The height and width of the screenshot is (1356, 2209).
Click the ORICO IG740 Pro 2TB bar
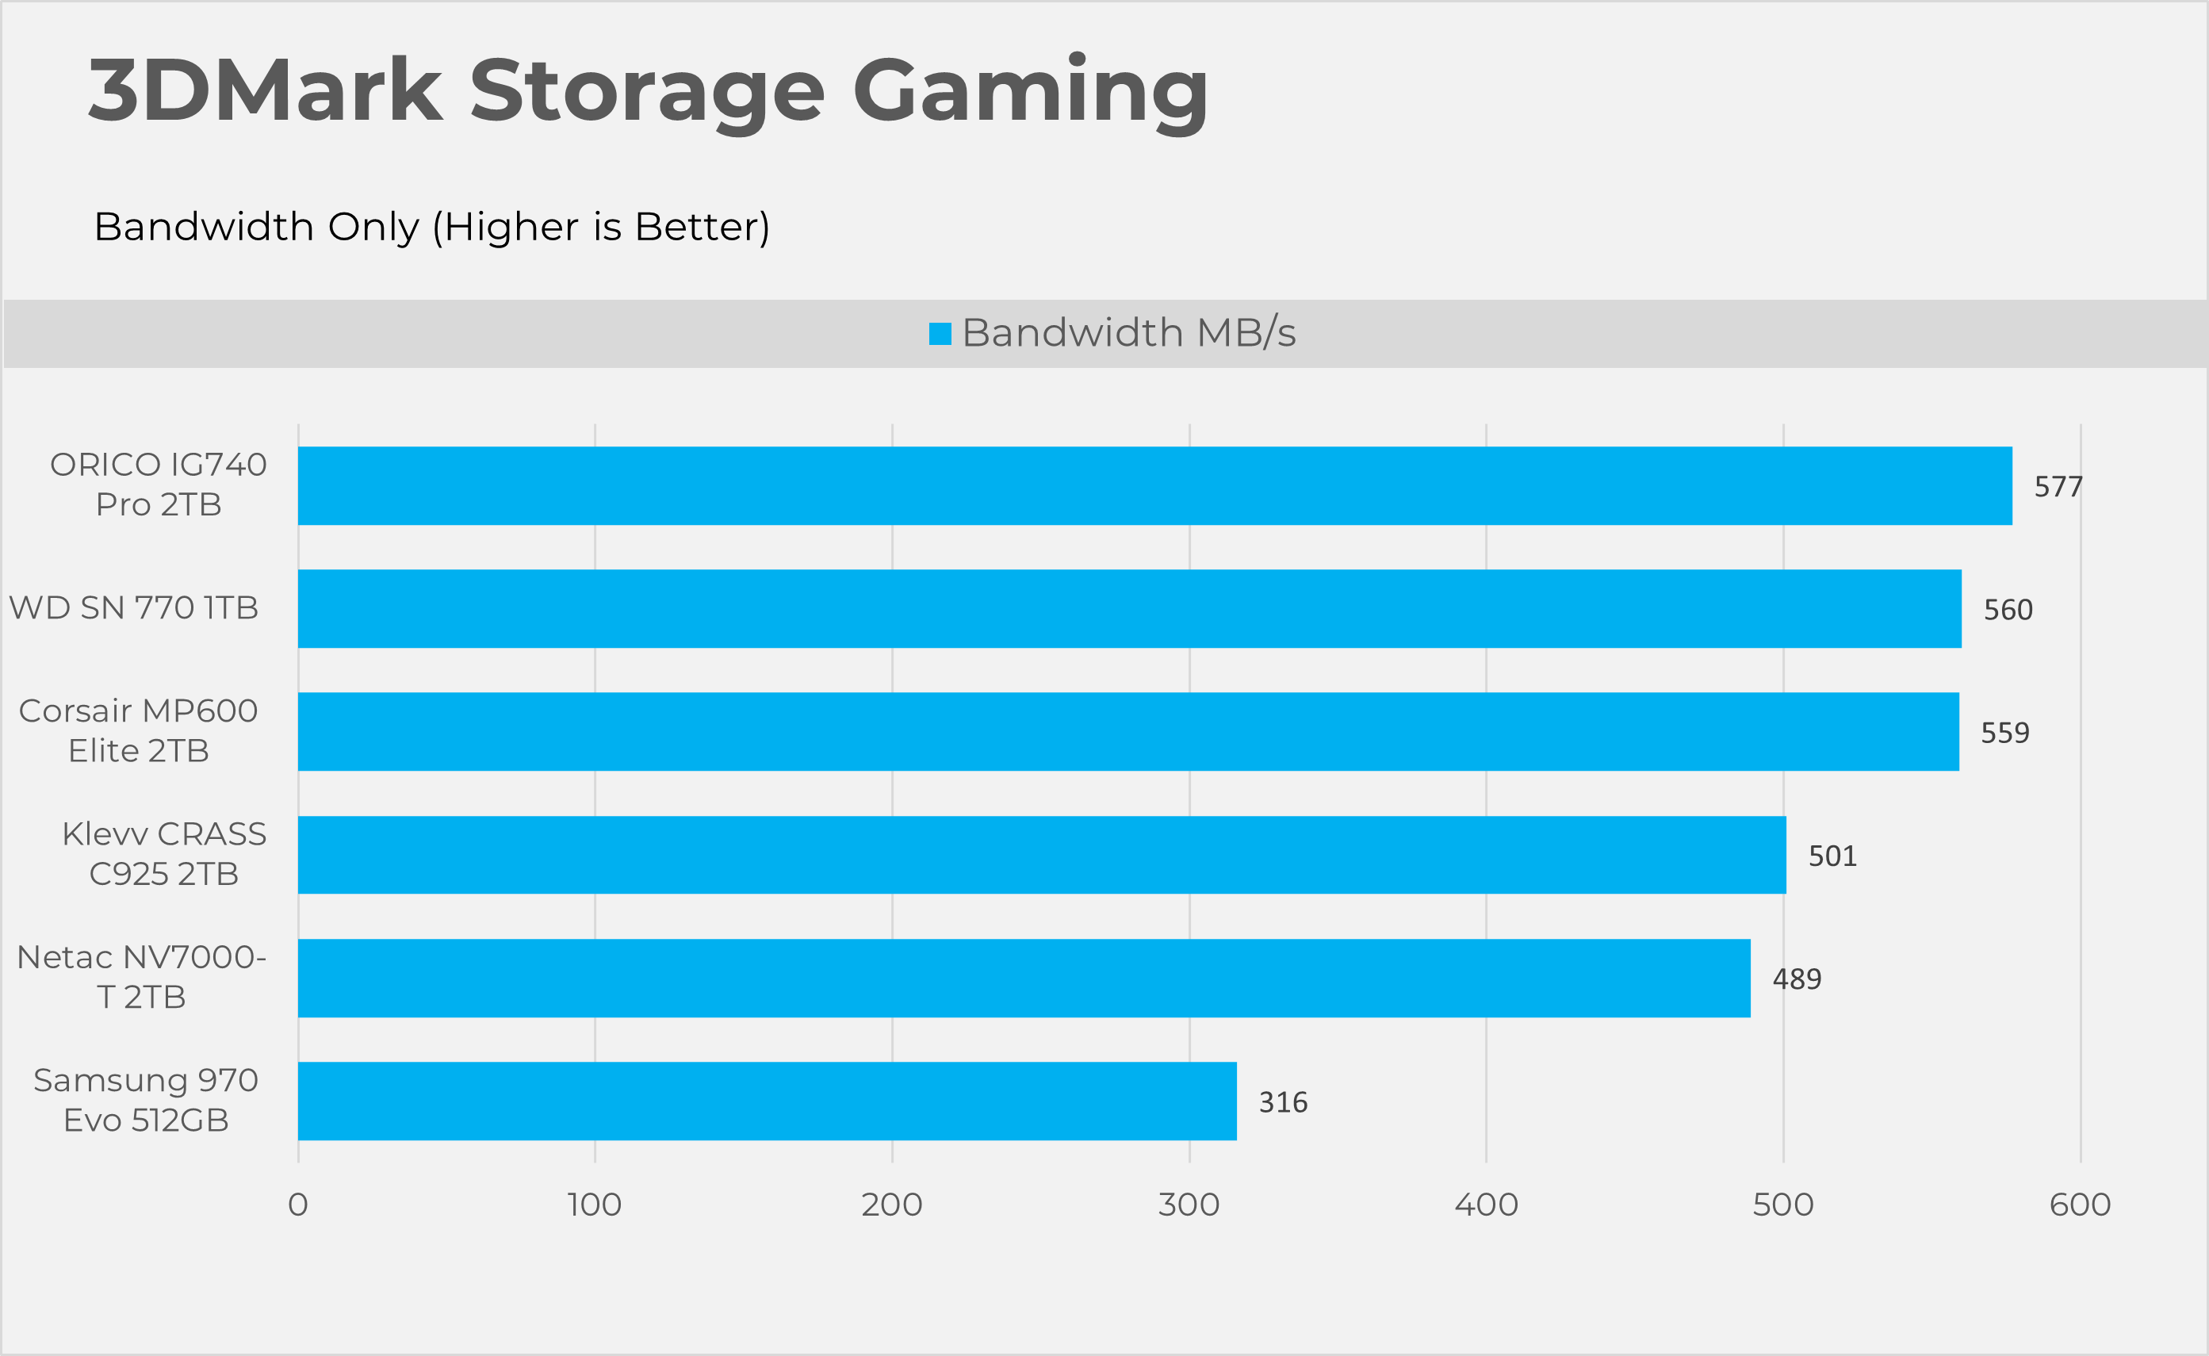pyautogui.click(x=1154, y=485)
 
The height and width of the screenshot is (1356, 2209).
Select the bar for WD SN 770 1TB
pyautogui.click(x=1130, y=608)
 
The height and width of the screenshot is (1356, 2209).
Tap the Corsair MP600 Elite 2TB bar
pyautogui.click(x=1127, y=731)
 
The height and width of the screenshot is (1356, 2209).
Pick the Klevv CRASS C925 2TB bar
pyautogui.click(x=1042, y=855)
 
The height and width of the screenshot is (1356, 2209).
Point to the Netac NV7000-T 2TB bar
pyautogui.click(x=1024, y=978)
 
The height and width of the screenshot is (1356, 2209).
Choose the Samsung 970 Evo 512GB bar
pyautogui.click(x=768, y=1101)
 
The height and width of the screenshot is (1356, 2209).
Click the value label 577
pyautogui.click(x=2058, y=486)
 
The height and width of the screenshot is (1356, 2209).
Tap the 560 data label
pyautogui.click(x=2008, y=610)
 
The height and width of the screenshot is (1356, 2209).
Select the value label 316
pyautogui.click(x=1283, y=1102)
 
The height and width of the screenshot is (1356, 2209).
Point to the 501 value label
pyautogui.click(x=1832, y=856)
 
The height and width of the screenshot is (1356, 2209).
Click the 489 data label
pyautogui.click(x=1797, y=979)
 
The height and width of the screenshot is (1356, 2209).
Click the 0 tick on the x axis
pyautogui.click(x=297, y=1205)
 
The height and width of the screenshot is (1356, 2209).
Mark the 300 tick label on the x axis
pyautogui.click(x=1189, y=1205)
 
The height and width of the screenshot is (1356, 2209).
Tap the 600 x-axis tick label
pyautogui.click(x=2080, y=1205)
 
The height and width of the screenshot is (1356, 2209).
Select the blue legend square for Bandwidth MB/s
pyautogui.click(x=940, y=334)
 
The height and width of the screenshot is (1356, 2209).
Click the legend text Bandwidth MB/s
pyautogui.click(x=1129, y=333)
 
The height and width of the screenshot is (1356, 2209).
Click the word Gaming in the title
pyautogui.click(x=1030, y=91)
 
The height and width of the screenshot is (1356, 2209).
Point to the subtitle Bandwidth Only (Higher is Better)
pyautogui.click(x=431, y=226)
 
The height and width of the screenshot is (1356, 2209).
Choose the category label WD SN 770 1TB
pyautogui.click(x=133, y=608)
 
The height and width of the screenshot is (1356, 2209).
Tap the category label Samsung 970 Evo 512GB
pyautogui.click(x=146, y=1101)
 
